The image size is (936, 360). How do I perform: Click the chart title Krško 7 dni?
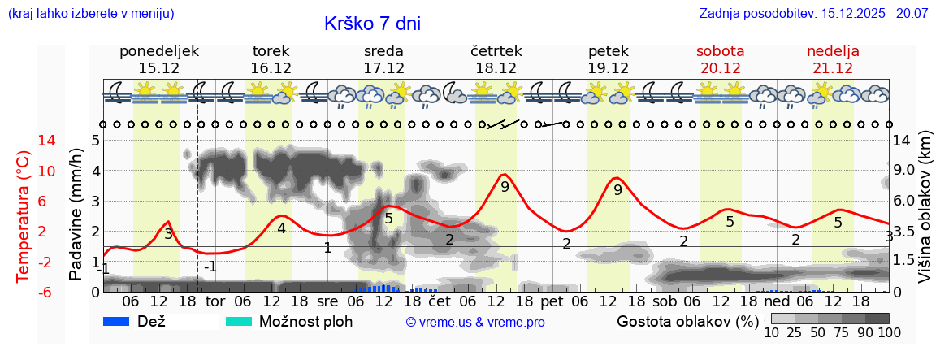[372, 24]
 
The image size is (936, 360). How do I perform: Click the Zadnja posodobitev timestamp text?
[813, 14]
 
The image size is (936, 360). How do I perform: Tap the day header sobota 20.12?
[720, 59]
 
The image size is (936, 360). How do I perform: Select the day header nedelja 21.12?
[833, 59]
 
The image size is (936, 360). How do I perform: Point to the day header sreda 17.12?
[383, 59]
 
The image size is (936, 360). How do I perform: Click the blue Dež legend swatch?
[118, 321]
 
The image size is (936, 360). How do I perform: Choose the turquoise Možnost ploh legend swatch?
[239, 321]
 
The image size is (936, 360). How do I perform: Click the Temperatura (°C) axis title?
[24, 216]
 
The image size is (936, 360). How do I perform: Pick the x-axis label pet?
[552, 301]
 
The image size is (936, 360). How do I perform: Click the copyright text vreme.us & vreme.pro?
[475, 322]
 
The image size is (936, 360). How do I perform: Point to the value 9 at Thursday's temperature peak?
[505, 187]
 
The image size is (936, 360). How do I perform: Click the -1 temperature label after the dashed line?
[210, 267]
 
